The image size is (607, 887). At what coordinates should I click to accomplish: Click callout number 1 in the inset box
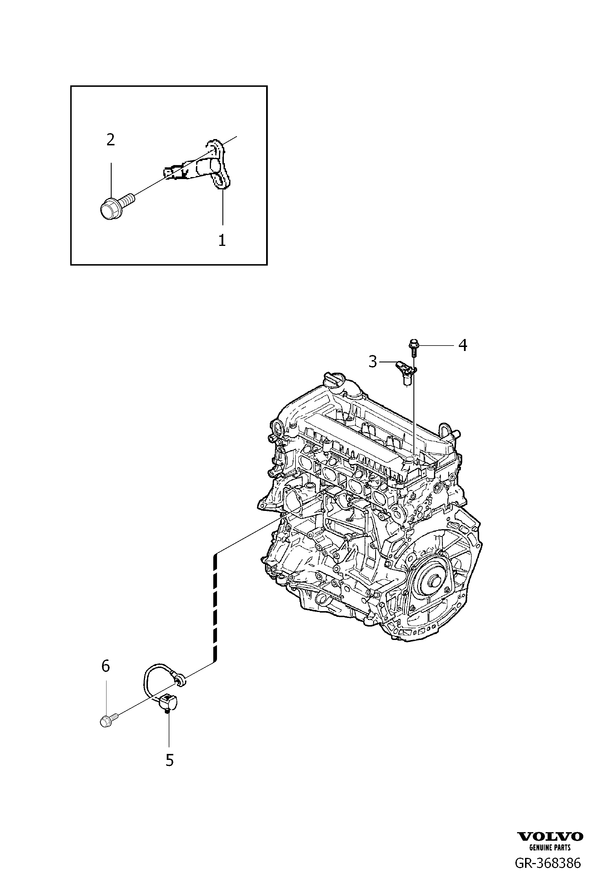(x=222, y=240)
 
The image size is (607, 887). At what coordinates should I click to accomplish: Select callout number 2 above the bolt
(x=111, y=140)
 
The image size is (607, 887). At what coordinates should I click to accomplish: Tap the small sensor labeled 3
(x=406, y=372)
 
